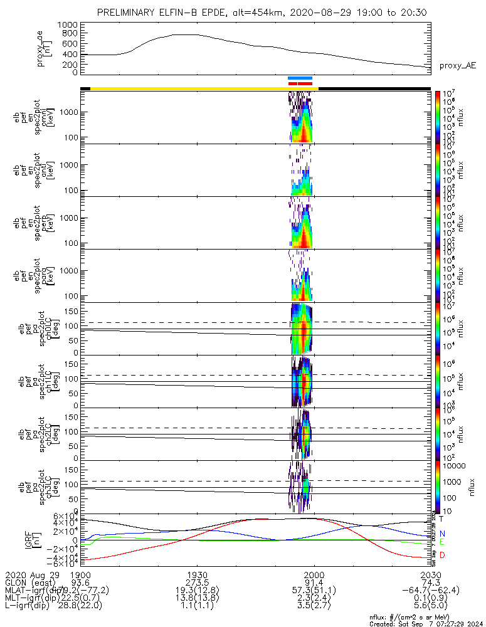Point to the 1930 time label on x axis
(198, 575)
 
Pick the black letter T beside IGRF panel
(441, 519)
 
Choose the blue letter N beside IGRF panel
(441, 533)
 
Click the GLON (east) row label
(31, 582)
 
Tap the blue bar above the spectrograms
(300, 78)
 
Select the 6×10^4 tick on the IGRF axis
(63, 515)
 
